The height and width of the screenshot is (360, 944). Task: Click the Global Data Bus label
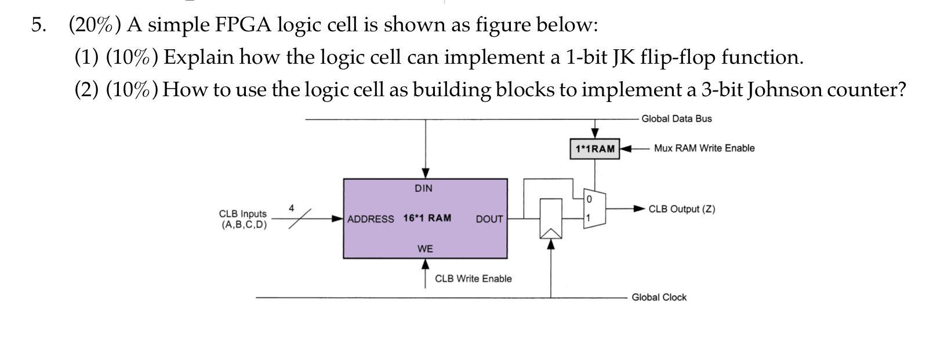click(x=676, y=119)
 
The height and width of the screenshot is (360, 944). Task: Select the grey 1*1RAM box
click(x=594, y=149)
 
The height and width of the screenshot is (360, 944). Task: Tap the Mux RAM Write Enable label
click(x=704, y=148)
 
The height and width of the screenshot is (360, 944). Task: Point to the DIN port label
click(x=423, y=188)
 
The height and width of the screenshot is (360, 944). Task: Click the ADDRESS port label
click(x=371, y=219)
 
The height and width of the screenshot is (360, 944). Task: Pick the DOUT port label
click(x=489, y=219)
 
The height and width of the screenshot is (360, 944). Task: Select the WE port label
click(x=425, y=249)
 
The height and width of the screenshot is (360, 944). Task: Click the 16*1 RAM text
click(x=427, y=219)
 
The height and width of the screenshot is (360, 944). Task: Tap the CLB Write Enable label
click(x=473, y=279)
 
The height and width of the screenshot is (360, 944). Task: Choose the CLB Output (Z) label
click(x=681, y=209)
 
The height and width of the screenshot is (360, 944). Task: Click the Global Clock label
click(x=659, y=297)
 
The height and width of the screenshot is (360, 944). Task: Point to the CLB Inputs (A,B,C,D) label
click(x=244, y=219)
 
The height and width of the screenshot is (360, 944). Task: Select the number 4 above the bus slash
click(x=292, y=208)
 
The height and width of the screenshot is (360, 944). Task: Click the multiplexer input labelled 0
click(x=589, y=199)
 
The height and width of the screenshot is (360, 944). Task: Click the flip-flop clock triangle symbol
click(x=551, y=232)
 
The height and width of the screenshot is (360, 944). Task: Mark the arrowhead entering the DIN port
click(x=426, y=173)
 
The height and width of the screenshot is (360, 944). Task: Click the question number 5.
click(x=38, y=25)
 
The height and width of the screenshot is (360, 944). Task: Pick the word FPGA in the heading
click(x=243, y=25)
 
